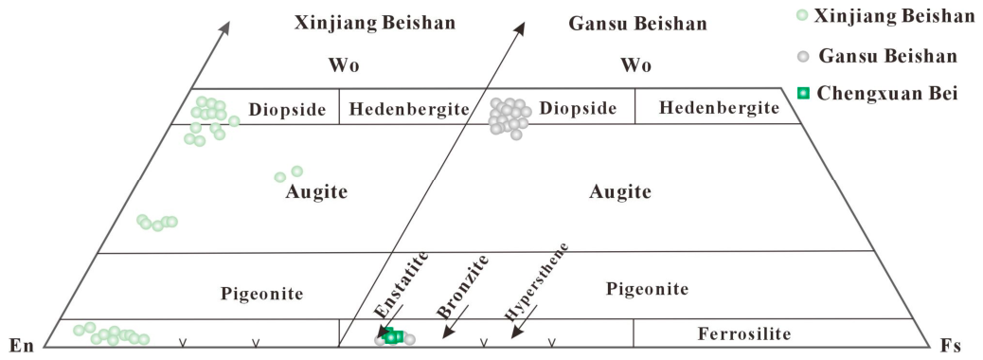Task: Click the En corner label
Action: pos(22,344)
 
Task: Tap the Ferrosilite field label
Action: pos(744,333)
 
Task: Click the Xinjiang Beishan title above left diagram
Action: pos(375,24)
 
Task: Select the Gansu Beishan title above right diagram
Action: pos(637,24)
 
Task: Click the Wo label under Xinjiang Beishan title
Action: pos(344,65)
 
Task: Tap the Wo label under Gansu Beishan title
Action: pos(635,65)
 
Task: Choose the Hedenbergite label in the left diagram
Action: pos(409,109)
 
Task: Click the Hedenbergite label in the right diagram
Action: pos(719,108)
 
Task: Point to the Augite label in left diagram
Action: pos(316,192)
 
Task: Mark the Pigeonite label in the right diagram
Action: pos(648,289)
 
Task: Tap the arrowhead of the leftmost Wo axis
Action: pos(225,27)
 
